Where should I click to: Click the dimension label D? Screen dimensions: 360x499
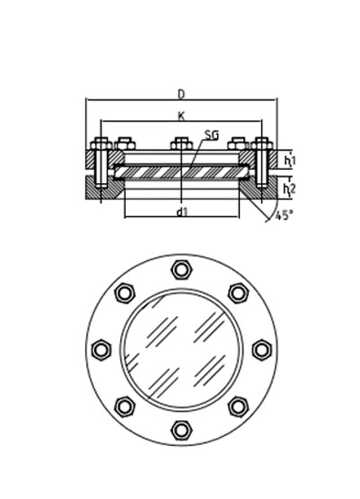181,94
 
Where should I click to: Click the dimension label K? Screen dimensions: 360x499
181,116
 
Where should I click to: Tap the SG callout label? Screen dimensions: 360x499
212,136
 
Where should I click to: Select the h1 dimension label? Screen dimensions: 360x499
290,161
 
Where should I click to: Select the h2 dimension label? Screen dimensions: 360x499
289,189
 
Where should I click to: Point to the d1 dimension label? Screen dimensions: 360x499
182,212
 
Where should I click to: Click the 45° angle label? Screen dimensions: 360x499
283,215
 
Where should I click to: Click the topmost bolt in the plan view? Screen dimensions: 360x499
181,269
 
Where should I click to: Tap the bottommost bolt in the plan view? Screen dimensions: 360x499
181,430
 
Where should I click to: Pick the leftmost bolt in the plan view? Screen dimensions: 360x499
101,350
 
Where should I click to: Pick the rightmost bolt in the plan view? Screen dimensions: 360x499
262,350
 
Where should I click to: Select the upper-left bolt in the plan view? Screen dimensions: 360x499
125,293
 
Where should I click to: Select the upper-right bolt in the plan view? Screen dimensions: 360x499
239,293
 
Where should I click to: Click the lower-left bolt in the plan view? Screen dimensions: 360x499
125,407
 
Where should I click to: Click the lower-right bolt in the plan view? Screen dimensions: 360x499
239,407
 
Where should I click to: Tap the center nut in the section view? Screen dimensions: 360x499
181,144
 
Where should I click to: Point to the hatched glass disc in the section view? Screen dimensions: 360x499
181,172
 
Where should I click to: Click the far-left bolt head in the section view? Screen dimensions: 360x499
101,144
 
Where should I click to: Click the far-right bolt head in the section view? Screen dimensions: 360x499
262,144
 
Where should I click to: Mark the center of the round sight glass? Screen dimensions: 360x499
181,350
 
